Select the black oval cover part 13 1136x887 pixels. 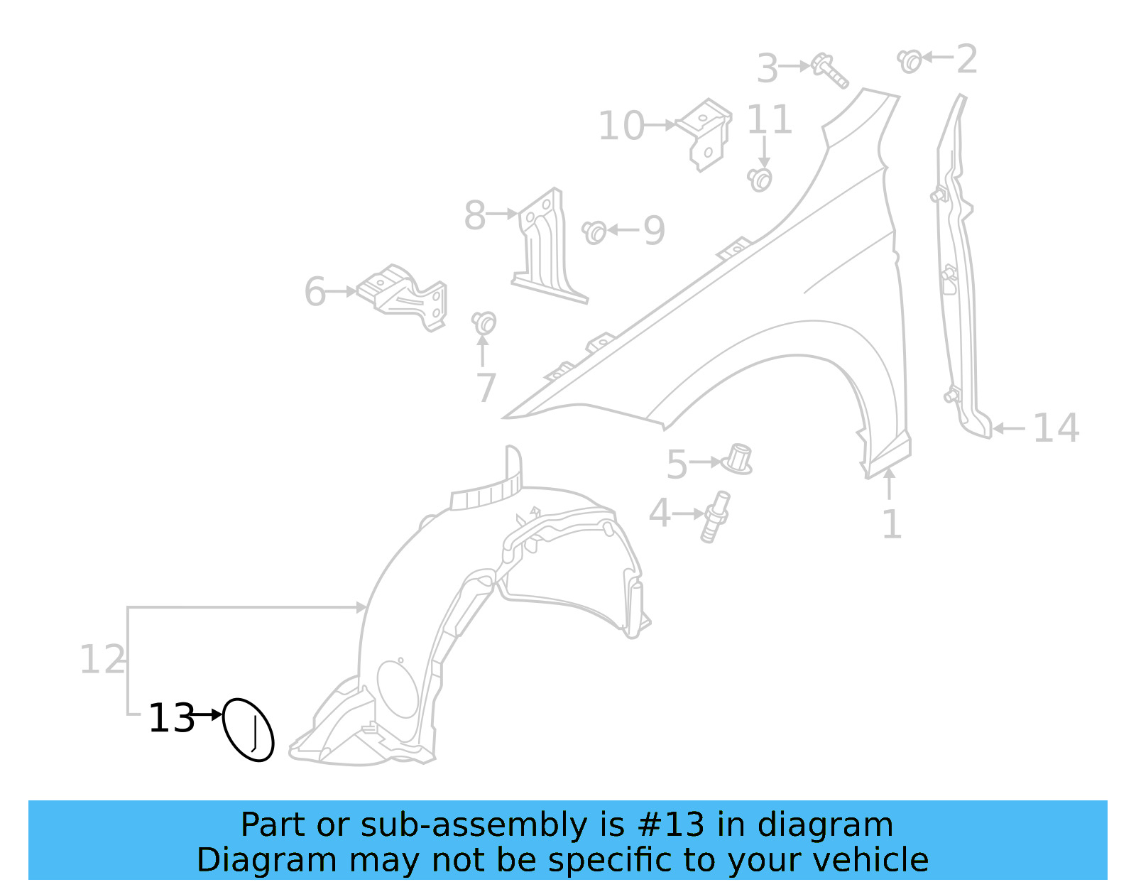click(x=248, y=729)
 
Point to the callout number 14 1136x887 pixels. click(x=1056, y=428)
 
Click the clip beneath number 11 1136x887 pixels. click(x=760, y=179)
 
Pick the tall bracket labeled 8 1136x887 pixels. click(x=547, y=246)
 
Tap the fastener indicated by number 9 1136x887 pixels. click(x=594, y=232)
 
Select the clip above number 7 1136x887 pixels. click(x=484, y=323)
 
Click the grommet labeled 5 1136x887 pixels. click(x=738, y=459)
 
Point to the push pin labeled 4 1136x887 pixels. click(x=714, y=516)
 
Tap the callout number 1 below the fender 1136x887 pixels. click(x=891, y=525)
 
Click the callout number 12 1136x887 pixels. click(x=102, y=660)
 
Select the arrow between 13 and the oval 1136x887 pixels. click(x=207, y=714)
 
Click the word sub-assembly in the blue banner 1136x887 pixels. click(x=473, y=825)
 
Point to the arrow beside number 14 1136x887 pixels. click(x=1009, y=428)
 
